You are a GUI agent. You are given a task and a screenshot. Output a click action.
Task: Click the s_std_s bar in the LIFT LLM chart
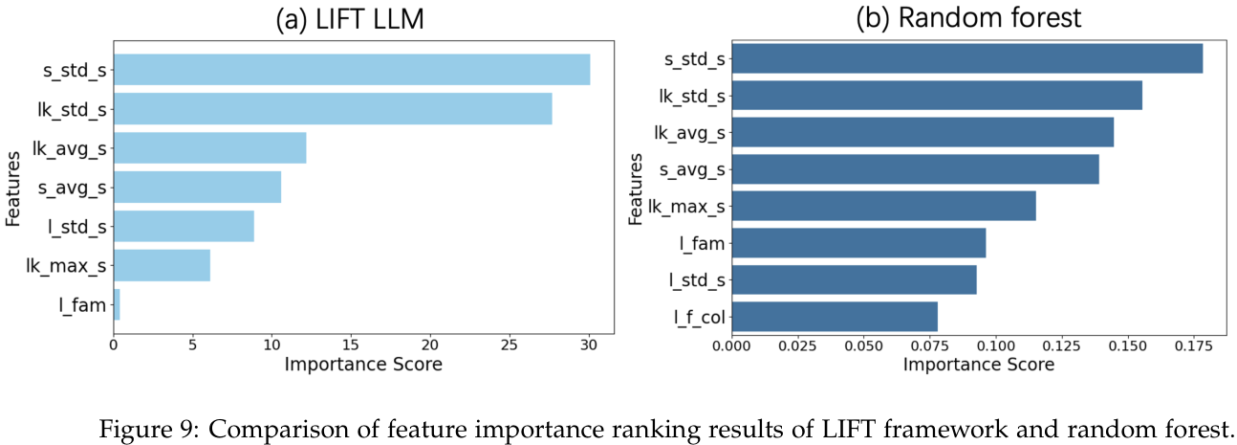pyautogui.click(x=352, y=70)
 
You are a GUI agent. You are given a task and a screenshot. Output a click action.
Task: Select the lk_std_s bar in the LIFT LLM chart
pyautogui.click(x=333, y=109)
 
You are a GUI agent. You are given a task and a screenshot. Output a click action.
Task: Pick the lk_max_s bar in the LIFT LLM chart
pyautogui.click(x=162, y=266)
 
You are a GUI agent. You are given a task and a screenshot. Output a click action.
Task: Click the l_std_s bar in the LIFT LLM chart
pyautogui.click(x=184, y=227)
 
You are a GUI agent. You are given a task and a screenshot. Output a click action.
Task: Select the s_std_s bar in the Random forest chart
pyautogui.click(x=966, y=58)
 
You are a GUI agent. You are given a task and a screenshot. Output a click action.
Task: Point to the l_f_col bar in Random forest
pyautogui.click(x=834, y=316)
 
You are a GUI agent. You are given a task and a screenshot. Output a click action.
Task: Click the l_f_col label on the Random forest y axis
pyautogui.click(x=697, y=317)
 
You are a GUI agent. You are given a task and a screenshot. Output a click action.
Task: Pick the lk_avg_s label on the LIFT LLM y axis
pyautogui.click(x=69, y=148)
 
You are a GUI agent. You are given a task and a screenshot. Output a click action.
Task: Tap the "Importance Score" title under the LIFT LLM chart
pyautogui.click(x=363, y=365)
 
